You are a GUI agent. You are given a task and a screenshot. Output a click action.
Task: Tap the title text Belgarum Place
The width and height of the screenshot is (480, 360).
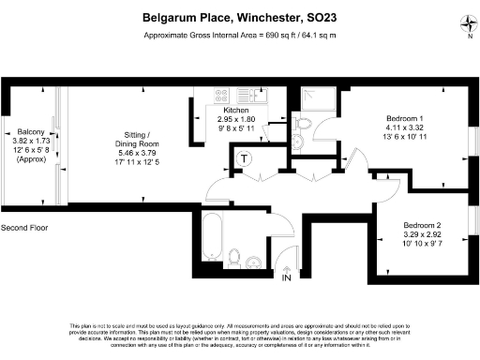click(x=187, y=16)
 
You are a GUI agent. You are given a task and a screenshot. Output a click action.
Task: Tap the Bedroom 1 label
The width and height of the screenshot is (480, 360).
click(x=407, y=117)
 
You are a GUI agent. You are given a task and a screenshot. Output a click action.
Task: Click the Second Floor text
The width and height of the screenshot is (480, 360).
click(x=26, y=228)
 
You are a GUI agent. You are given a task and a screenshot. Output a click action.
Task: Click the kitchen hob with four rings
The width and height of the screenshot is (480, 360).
click(x=223, y=94)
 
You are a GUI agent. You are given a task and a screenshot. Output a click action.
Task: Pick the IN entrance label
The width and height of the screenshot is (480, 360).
click(x=287, y=277)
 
